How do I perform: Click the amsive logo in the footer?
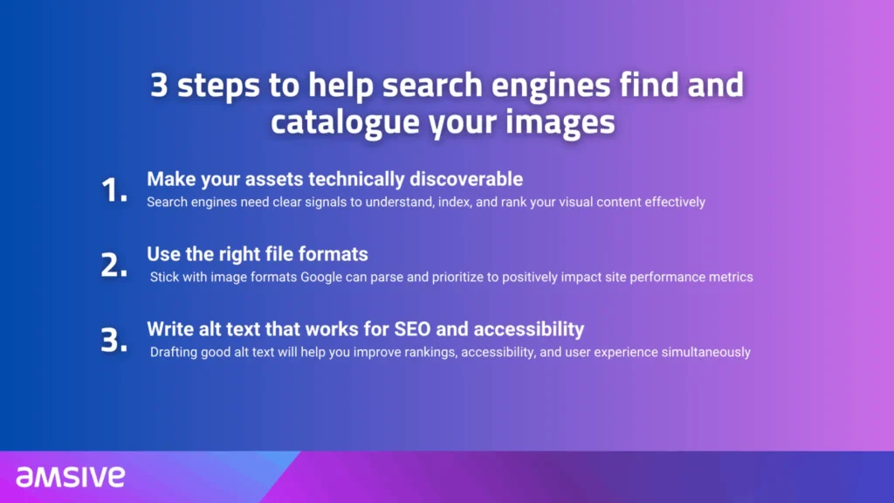point(70,476)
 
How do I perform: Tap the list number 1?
point(113,190)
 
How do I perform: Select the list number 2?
point(113,265)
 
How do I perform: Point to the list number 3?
point(113,341)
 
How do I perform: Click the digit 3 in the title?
point(160,86)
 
